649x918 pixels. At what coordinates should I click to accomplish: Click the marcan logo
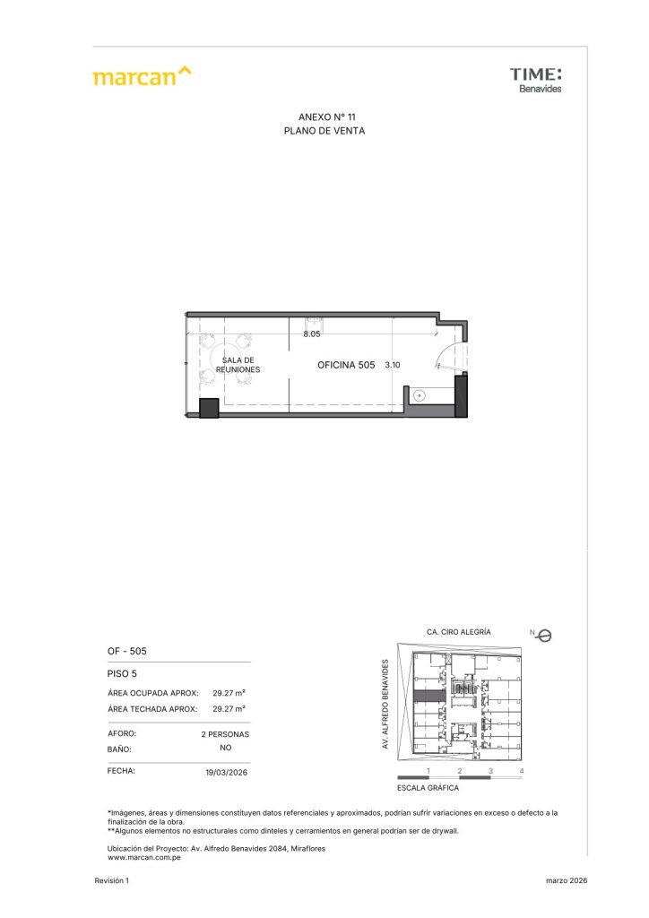[142, 76]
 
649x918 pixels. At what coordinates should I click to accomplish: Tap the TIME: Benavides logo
[535, 80]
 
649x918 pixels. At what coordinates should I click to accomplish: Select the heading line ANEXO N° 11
[326, 117]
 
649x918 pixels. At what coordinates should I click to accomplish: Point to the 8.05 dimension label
[311, 333]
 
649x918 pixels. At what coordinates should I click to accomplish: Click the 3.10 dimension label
[392, 365]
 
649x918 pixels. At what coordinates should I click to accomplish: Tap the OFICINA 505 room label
[346, 365]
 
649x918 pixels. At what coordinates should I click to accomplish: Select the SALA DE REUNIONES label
[238, 365]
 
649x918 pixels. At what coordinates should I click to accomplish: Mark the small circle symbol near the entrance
[419, 395]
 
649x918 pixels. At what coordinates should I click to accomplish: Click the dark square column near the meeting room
[209, 408]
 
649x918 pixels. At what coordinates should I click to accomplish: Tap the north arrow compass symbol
[543, 636]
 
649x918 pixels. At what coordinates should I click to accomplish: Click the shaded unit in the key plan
[430, 696]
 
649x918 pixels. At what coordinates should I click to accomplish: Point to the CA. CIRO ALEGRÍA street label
[459, 632]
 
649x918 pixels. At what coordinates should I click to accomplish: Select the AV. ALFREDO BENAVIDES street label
[385, 704]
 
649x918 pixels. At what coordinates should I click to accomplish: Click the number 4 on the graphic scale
[522, 771]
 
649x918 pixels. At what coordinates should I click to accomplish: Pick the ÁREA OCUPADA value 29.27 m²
[229, 693]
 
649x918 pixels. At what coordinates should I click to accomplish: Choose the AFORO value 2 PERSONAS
[225, 734]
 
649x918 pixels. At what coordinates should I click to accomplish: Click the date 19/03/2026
[227, 772]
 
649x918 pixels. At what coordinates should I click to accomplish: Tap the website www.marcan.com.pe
[144, 858]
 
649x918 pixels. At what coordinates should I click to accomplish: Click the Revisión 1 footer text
[112, 880]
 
